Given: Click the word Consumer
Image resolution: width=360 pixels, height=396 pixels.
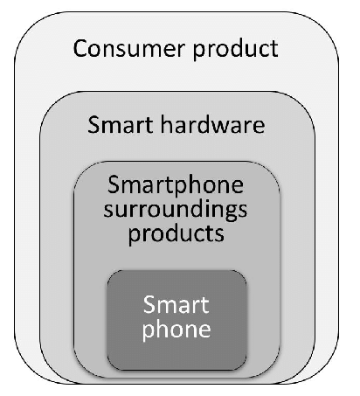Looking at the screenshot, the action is [x=129, y=48].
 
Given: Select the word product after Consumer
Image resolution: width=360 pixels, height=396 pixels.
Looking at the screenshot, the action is [x=235, y=51].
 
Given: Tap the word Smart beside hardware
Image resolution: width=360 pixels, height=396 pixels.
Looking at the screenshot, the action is [x=121, y=124].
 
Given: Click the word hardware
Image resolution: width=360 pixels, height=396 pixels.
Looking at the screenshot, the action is [x=212, y=124].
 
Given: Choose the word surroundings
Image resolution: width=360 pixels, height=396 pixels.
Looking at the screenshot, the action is [x=176, y=210].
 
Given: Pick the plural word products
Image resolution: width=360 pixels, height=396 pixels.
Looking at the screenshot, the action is [x=177, y=234].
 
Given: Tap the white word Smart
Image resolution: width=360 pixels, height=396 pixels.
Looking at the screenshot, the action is [x=177, y=304].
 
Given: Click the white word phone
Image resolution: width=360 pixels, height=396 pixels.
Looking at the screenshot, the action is [x=177, y=330].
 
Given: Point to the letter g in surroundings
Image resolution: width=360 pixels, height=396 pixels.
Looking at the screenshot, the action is [x=229, y=212].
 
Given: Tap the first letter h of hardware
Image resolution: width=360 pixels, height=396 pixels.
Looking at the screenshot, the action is [x=166, y=124].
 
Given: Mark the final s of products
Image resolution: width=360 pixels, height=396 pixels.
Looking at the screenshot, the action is [x=220, y=235].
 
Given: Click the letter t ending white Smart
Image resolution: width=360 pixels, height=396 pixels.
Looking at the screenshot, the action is [x=205, y=306].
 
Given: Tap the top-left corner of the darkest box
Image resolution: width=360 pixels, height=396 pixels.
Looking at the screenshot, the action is [x=107, y=270].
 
